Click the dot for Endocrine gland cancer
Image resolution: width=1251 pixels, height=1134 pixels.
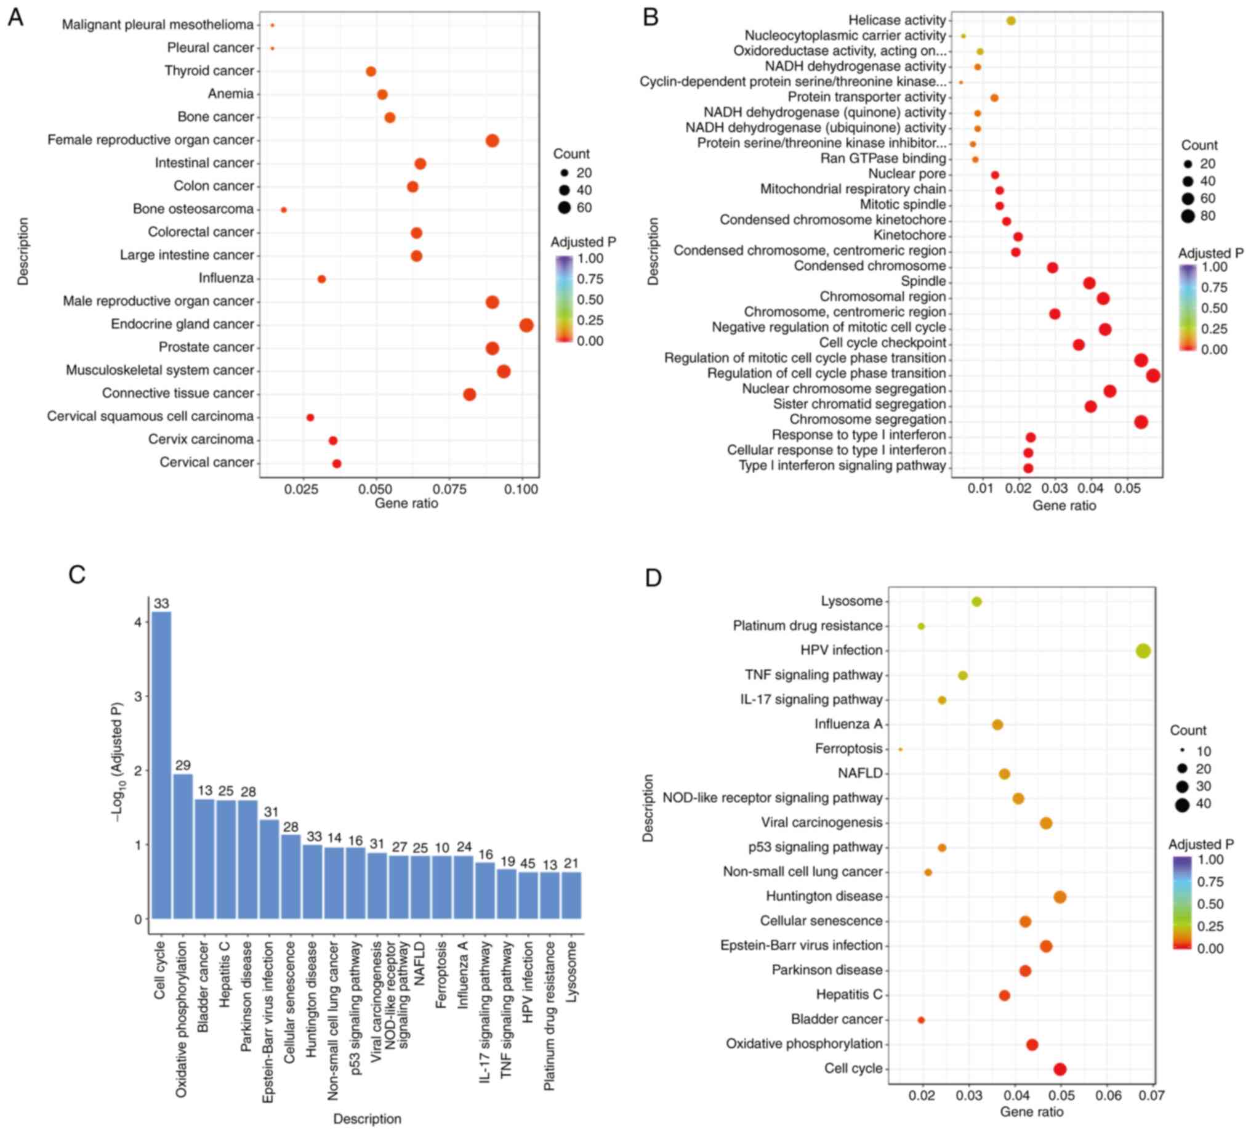pyautogui.click(x=526, y=325)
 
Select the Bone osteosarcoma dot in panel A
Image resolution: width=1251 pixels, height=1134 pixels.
pyautogui.click(x=284, y=210)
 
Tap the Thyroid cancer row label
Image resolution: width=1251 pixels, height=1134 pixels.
pyautogui.click(x=209, y=71)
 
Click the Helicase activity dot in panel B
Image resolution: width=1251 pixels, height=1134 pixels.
pyautogui.click(x=1011, y=21)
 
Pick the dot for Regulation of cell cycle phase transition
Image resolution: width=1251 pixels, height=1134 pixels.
pyautogui.click(x=1153, y=376)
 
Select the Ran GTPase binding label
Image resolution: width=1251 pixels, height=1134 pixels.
pyautogui.click(x=883, y=158)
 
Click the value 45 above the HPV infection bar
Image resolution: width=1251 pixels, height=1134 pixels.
pyautogui.click(x=528, y=864)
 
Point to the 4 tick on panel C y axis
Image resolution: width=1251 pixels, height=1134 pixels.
pyautogui.click(x=138, y=623)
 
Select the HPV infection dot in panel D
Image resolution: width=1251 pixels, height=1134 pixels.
pyautogui.click(x=1143, y=651)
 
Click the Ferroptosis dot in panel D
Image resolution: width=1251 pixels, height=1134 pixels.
pyautogui.click(x=901, y=750)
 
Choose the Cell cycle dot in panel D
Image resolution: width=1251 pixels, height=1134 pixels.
pyautogui.click(x=1060, y=1069)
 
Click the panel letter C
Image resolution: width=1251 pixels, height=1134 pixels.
pyautogui.click(x=77, y=575)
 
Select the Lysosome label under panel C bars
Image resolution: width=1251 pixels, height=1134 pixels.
pyautogui.click(x=572, y=971)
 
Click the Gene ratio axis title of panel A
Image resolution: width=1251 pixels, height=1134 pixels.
pyautogui.click(x=406, y=503)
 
